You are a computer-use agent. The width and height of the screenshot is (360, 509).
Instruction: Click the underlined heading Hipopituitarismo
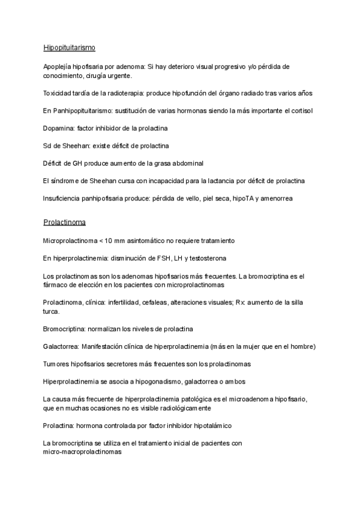click(69, 47)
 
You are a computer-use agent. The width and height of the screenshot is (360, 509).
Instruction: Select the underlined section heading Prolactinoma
click(64, 222)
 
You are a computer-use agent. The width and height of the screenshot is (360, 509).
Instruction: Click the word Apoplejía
click(59, 67)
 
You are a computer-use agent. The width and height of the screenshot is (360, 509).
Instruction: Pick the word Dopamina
click(59, 128)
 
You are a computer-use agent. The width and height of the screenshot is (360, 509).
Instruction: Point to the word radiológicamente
click(178, 408)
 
